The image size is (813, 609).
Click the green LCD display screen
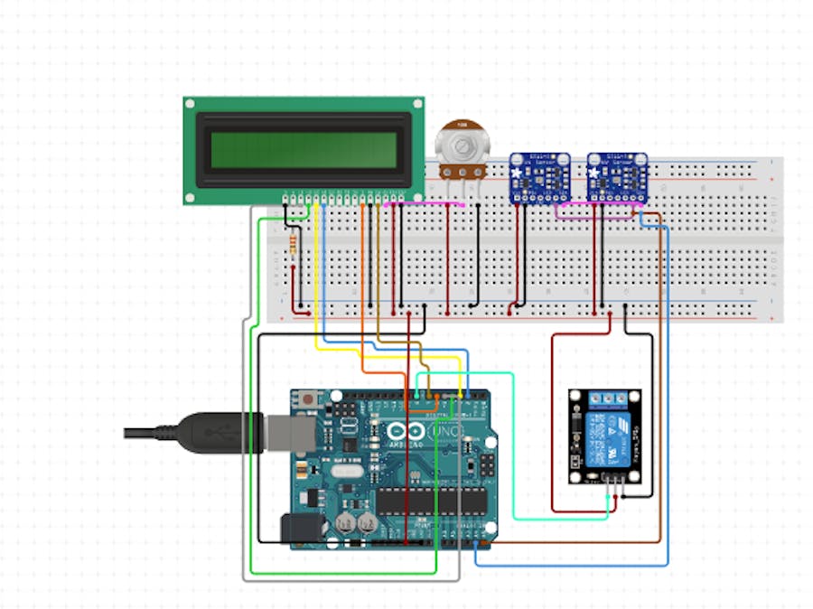304,150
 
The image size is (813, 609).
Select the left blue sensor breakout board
539,176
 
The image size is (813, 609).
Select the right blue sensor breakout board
617,176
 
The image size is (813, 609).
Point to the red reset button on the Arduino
310,398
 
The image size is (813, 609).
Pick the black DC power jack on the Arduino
295,529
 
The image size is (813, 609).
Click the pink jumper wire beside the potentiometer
425,205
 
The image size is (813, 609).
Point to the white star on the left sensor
516,172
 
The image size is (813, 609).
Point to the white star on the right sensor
593,172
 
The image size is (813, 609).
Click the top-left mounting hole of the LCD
191,105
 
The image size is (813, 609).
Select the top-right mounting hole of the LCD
416,105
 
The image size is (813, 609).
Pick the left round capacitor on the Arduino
345,523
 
